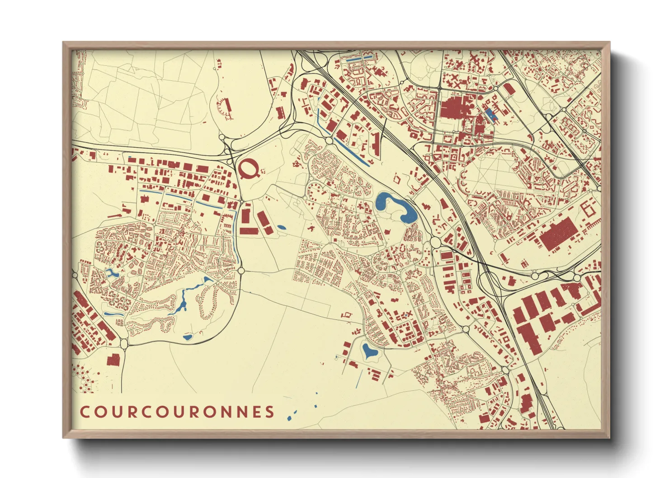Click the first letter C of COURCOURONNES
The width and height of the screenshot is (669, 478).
tap(85, 412)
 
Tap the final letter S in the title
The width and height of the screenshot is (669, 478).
tap(270, 412)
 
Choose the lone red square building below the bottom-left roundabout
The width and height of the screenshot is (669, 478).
tap(113, 360)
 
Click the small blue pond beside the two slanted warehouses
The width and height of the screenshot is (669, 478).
tap(281, 227)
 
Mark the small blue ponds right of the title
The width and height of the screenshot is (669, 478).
tap(293, 413)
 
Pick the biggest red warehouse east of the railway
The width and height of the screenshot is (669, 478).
tap(559, 233)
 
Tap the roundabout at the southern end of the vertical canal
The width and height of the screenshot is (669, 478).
tap(241, 270)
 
